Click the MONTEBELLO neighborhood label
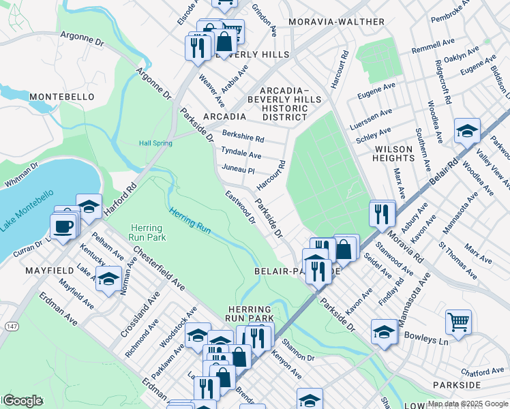point(61,97)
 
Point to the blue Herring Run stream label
point(190,220)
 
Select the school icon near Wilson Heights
point(467,130)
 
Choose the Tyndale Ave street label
point(241,154)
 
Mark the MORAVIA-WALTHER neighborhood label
point(336,22)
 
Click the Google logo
point(22,401)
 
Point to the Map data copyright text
point(467,404)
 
